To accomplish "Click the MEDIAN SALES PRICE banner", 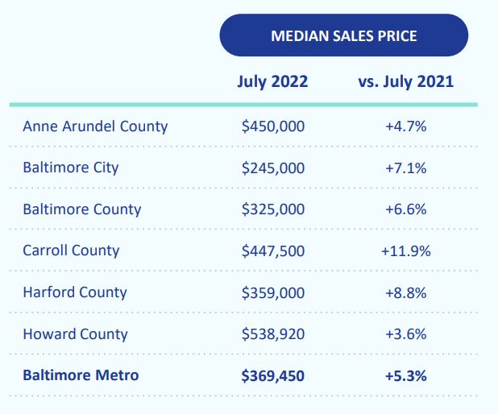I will (343, 35).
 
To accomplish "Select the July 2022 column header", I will (273, 81).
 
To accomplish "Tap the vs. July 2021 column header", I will (405, 81).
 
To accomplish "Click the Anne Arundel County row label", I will (95, 126).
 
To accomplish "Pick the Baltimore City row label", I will (71, 168).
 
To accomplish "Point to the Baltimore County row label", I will (81, 209).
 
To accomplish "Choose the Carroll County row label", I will (71, 250).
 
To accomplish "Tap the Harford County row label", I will (75, 292).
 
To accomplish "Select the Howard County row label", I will (75, 333).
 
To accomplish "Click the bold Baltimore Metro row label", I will (81, 375).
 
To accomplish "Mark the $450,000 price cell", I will (273, 126).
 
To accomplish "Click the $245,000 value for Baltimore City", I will (273, 168).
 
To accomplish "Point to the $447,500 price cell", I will (273, 250).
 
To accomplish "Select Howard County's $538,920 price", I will (273, 333).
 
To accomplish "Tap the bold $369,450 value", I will (273, 375).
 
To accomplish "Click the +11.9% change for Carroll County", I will (405, 250).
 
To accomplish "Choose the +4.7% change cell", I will (405, 126).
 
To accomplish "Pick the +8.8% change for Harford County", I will (405, 292).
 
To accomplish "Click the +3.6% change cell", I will (405, 333).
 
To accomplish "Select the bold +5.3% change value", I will (405, 375).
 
